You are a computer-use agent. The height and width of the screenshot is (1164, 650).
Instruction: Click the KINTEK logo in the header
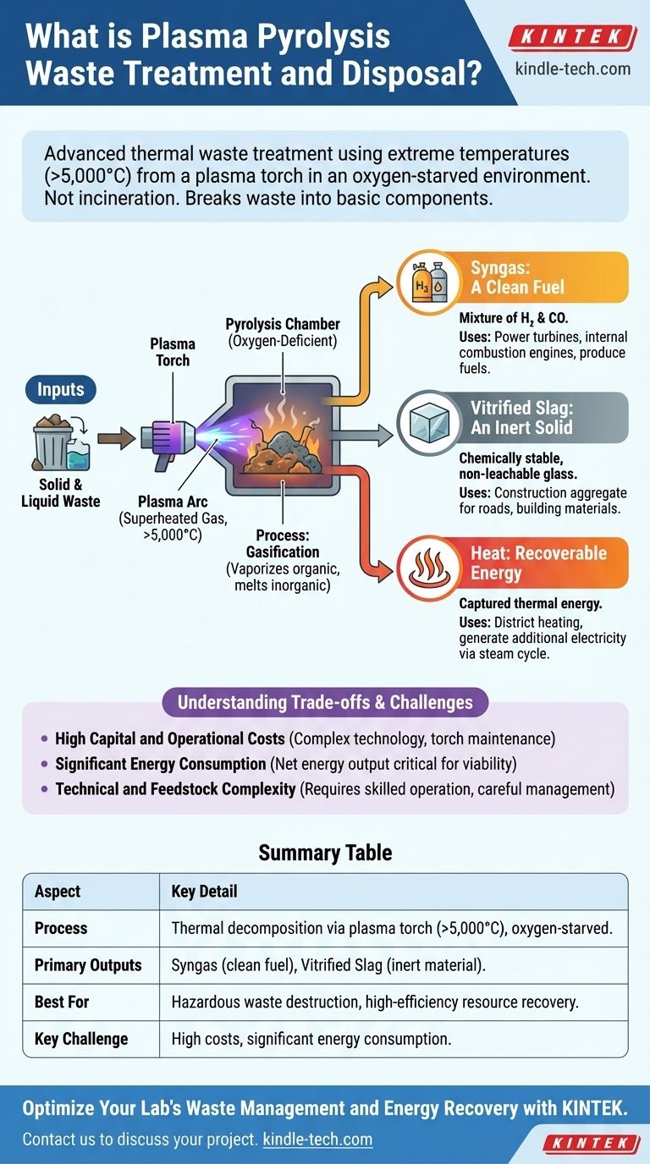[573, 36]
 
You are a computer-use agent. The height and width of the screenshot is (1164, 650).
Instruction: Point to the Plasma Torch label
[173, 352]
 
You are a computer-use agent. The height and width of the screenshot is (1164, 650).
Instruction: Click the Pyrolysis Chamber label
[282, 332]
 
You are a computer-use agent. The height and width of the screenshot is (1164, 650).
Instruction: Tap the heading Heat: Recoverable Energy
[538, 563]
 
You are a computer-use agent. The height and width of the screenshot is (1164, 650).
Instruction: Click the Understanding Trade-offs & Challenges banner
[324, 701]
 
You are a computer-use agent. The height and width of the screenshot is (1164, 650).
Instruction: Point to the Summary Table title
[325, 852]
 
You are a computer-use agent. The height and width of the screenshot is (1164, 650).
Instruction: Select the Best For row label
[62, 1002]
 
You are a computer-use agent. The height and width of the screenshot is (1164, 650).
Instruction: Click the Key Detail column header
[204, 892]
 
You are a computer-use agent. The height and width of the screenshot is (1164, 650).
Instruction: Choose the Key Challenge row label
[81, 1039]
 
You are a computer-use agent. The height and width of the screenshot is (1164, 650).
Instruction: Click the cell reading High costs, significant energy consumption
[311, 1039]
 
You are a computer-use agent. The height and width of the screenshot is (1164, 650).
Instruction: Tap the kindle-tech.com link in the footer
[317, 1139]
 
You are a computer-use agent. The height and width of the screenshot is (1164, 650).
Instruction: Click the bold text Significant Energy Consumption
[161, 764]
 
